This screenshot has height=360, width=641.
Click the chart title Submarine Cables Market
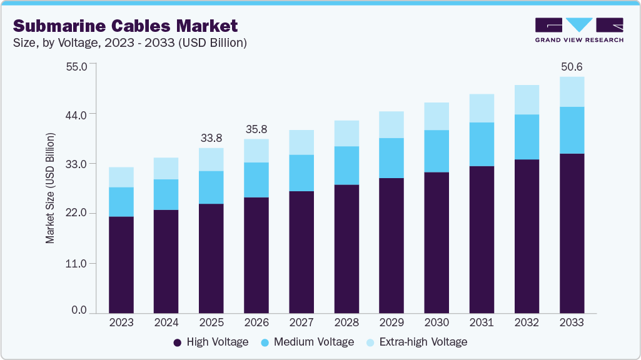click(x=125, y=26)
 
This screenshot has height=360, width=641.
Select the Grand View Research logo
click(x=579, y=29)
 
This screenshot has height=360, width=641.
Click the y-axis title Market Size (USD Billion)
click(x=50, y=188)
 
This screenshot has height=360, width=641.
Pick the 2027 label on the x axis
click(x=301, y=322)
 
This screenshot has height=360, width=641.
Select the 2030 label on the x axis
click(x=437, y=322)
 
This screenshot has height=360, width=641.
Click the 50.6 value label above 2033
click(x=572, y=66)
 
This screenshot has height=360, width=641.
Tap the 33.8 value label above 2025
click(x=211, y=137)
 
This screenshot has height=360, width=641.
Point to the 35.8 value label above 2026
click(x=256, y=129)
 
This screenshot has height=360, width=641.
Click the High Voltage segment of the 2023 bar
click(x=121, y=264)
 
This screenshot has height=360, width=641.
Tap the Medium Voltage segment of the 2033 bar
click(x=572, y=130)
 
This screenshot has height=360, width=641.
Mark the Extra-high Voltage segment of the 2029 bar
click(x=391, y=124)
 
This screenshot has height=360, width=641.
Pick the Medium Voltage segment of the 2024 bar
click(x=166, y=194)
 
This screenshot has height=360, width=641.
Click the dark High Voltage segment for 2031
click(x=482, y=239)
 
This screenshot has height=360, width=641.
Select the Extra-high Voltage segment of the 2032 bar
click(x=527, y=99)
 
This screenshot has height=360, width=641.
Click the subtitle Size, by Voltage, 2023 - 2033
click(x=129, y=43)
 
